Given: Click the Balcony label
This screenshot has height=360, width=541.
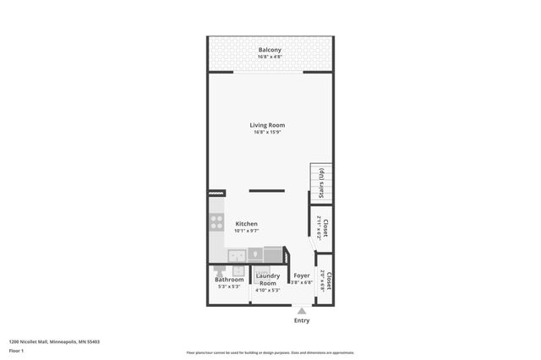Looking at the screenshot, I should (270, 51).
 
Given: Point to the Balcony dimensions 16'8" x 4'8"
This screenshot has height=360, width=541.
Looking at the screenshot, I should (270, 58).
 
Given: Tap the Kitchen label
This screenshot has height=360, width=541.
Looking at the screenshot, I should (246, 224).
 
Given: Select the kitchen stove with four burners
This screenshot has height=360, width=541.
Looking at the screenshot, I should (216, 223).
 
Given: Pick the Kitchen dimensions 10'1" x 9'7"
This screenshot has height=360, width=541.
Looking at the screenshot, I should (246, 231).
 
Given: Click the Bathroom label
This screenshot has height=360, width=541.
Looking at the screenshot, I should (228, 280).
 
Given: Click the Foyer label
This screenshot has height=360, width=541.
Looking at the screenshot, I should (301, 275).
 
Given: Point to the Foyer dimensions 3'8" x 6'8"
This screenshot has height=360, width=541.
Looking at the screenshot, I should (301, 283).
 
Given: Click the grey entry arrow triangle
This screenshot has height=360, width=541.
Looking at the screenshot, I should (301, 311).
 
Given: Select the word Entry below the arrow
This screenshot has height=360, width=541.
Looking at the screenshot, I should (301, 320).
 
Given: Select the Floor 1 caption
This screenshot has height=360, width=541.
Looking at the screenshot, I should (16, 350).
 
